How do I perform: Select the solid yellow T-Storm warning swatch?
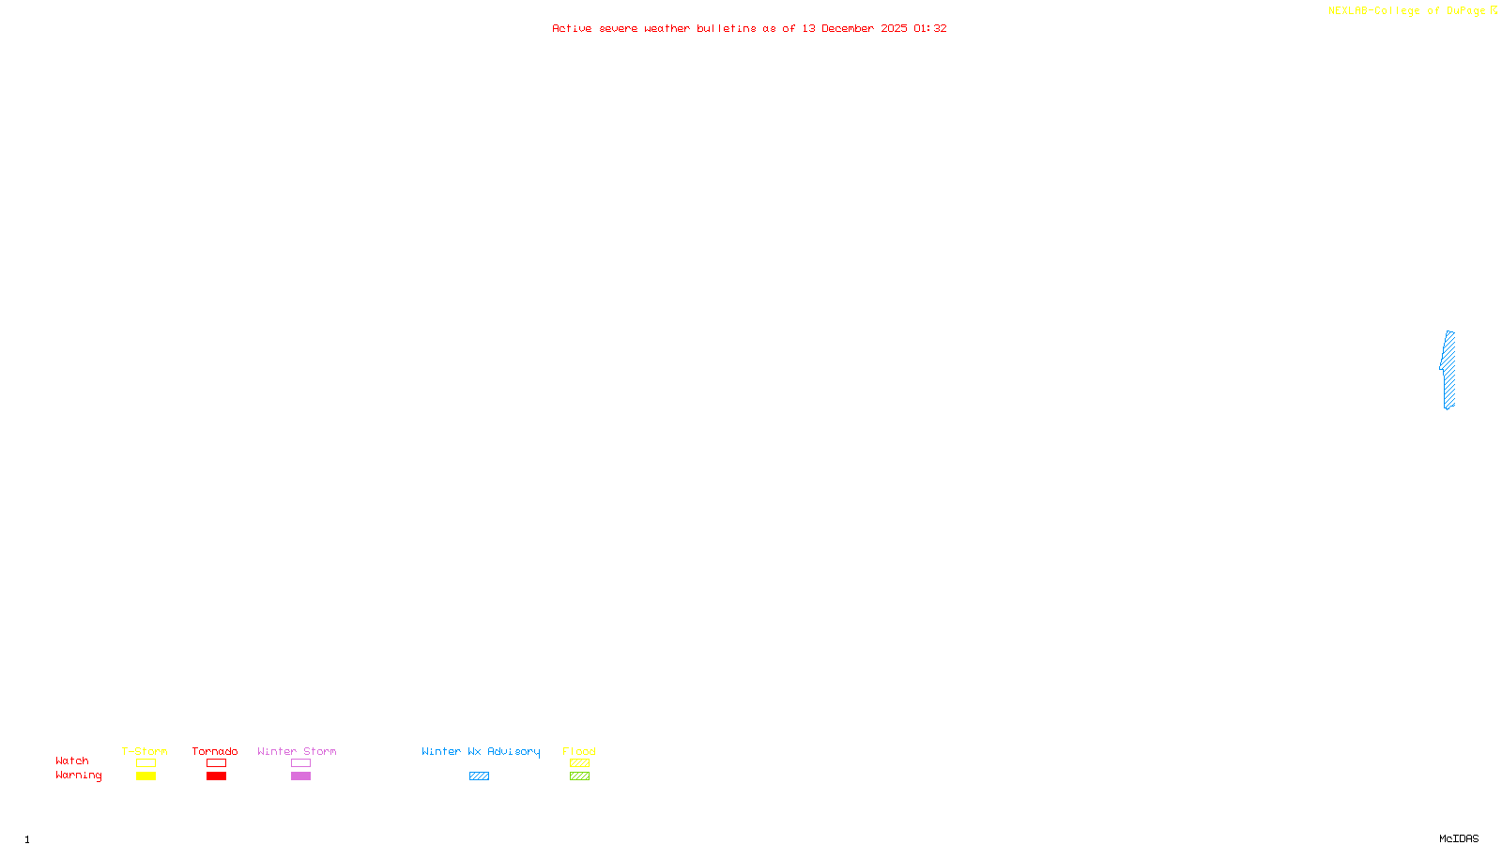146,776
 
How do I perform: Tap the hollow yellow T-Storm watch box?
146,763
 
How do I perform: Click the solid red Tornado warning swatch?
216,776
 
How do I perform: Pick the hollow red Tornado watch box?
216,763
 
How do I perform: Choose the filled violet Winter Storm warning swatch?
300,776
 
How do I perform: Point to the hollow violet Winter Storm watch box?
300,763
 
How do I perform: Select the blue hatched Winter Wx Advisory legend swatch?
479,776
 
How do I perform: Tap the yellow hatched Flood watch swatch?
579,763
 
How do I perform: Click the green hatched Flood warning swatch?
579,776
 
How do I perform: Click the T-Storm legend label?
145,751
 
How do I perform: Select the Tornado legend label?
215,751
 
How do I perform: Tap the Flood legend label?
579,751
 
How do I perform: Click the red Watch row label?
72,761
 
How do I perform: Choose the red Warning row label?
78,776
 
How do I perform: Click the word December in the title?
848,28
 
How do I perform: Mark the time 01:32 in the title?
930,28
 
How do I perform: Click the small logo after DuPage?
1494,10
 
